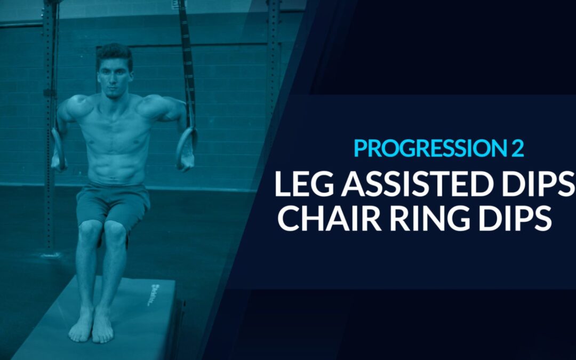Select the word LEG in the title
coord(305,183)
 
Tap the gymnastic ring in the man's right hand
coord(59,148)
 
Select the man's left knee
coord(115,231)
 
